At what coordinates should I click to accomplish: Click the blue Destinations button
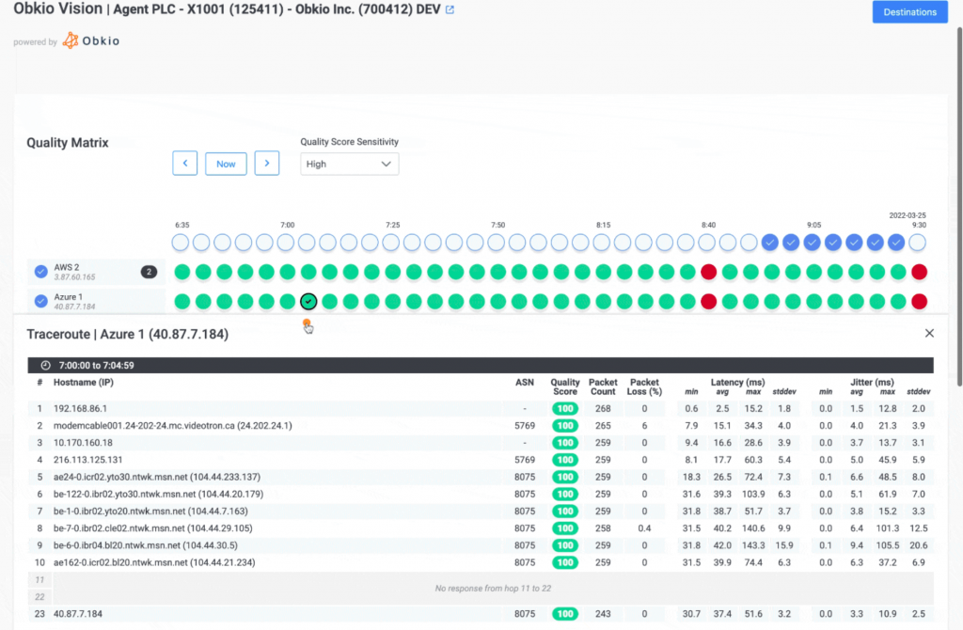(909, 12)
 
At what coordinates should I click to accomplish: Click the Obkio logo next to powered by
(91, 41)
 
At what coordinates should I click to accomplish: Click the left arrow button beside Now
(184, 164)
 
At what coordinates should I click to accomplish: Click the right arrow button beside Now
(267, 164)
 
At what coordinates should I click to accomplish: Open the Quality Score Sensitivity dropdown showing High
(349, 164)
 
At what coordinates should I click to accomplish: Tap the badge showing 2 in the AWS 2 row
(149, 272)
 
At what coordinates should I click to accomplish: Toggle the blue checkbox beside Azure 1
(40, 302)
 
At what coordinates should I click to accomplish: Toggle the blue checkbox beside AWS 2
(40, 272)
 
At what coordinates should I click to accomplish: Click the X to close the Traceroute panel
(929, 334)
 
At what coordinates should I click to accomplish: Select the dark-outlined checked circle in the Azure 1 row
(308, 302)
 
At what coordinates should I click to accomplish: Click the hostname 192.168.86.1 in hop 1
(80, 409)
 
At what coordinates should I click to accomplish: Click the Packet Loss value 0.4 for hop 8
(644, 528)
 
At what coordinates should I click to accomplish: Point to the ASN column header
(524, 383)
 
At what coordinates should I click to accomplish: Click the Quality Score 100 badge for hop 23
(564, 614)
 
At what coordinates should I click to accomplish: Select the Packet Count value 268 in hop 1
(602, 409)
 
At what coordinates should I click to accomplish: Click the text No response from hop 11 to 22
(493, 589)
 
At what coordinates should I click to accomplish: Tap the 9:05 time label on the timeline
(814, 226)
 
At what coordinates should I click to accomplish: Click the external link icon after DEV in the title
(450, 10)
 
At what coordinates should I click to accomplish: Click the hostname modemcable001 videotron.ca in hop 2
(172, 426)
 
